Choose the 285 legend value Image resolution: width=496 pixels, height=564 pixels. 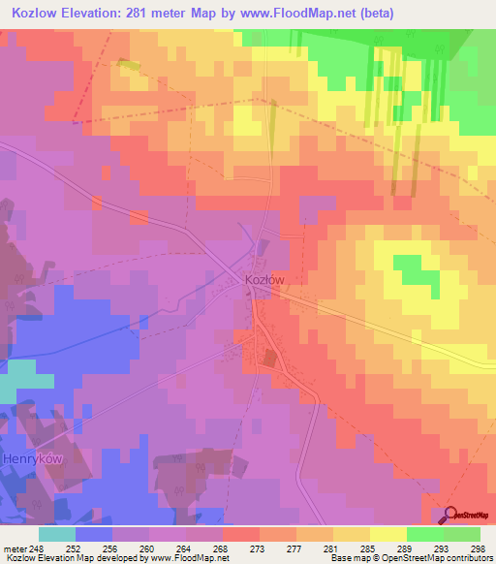point(366,548)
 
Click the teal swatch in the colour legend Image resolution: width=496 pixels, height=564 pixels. point(56,533)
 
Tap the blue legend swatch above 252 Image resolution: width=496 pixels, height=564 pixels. point(93,533)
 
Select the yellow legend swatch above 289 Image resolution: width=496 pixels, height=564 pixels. point(387,533)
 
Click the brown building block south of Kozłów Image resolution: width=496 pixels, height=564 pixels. point(268,359)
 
